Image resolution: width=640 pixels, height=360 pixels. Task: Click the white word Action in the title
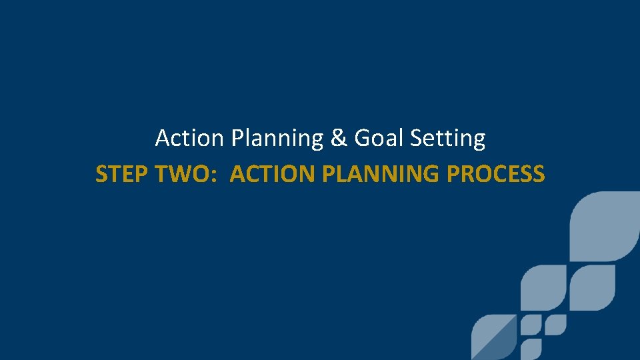tap(189, 139)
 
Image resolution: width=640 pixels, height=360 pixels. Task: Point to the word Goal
tap(379, 139)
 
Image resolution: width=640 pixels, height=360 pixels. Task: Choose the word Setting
tap(448, 139)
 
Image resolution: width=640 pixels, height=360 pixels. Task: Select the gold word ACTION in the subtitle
tap(272, 175)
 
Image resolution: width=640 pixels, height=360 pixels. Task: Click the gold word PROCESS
tap(496, 175)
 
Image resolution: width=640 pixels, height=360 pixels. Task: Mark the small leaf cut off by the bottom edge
tap(531, 351)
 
